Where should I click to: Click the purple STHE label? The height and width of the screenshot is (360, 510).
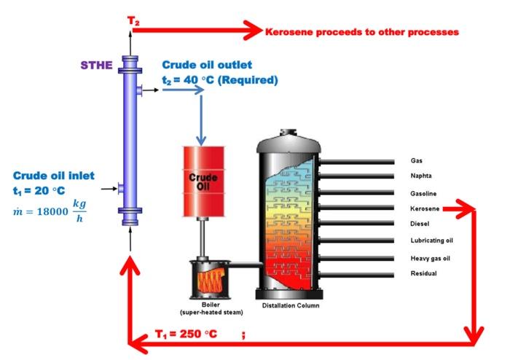pos(96,65)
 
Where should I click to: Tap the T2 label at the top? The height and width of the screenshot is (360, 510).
pos(134,20)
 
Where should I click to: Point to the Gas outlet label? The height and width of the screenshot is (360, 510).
pos(416,160)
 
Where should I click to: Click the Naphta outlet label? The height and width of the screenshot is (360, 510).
pos(422,176)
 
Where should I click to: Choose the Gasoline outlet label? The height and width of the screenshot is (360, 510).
pos(423,193)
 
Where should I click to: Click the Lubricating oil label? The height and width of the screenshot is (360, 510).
pos(432,240)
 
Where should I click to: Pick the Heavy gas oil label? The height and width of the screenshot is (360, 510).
pos(430,258)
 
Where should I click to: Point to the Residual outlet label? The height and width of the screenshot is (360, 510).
pos(423,274)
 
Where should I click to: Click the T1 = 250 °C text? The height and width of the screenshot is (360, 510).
pos(186,334)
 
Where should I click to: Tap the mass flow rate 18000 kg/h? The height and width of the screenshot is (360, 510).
pos(50,214)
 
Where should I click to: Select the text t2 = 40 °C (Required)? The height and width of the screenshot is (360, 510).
pos(219,80)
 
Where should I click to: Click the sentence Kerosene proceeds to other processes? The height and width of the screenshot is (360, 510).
pos(361,33)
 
